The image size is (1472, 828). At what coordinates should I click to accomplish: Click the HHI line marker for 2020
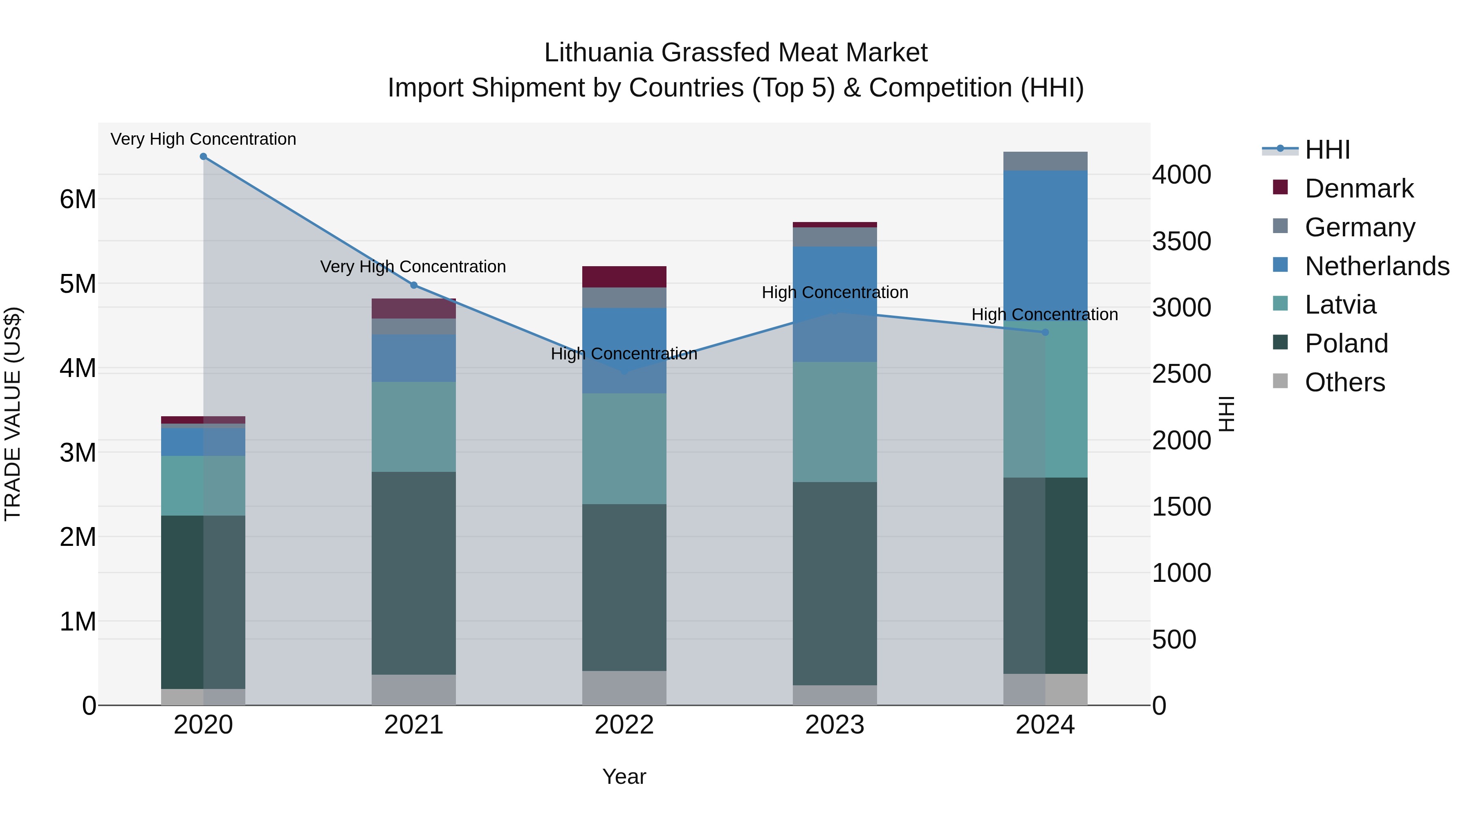204,157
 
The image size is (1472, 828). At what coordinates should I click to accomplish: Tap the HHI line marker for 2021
414,285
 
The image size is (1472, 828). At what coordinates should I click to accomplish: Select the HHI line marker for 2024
1045,332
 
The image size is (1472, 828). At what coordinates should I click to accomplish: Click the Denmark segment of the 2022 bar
624,276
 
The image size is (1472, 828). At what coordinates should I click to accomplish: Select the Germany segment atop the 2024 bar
1045,161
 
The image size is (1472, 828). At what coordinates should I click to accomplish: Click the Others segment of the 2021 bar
414,690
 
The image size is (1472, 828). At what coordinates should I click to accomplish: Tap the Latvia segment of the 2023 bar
835,422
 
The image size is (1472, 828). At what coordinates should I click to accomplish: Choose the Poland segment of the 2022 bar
624,588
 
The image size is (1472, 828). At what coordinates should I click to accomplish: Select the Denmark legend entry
1359,188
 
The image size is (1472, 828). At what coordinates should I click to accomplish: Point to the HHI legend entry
1327,150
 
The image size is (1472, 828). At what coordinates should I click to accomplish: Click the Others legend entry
1344,382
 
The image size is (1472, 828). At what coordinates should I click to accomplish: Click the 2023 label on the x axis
835,725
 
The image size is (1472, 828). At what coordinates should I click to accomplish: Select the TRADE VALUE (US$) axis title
13,414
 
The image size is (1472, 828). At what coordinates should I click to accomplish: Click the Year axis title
624,776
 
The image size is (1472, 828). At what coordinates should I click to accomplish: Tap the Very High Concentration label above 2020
204,139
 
